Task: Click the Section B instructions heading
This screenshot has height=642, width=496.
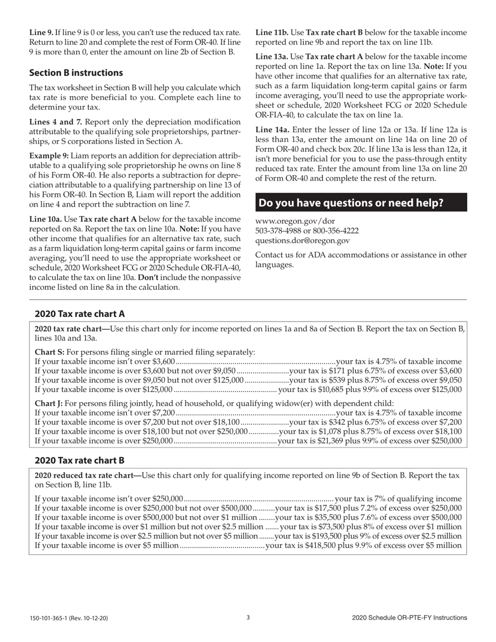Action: pos(76,73)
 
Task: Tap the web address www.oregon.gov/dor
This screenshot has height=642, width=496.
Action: pos(288,221)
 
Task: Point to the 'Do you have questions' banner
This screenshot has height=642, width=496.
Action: pos(361,203)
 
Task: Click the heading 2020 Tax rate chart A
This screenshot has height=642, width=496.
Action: pos(80,314)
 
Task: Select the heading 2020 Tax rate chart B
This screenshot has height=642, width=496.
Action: pos(80,461)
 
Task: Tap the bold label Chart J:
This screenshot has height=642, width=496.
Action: pos(49,403)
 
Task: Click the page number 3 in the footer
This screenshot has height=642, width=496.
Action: pos(248,617)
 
